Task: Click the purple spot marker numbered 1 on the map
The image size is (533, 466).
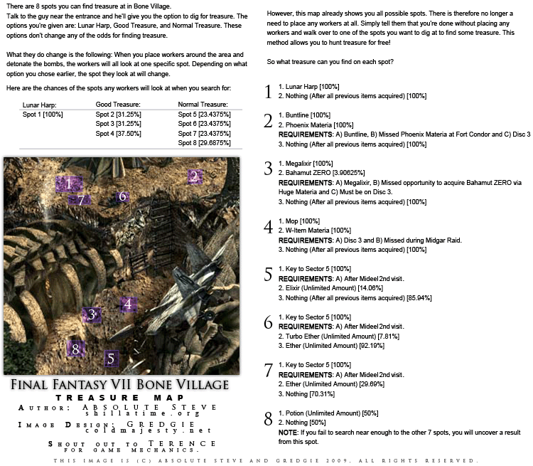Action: [68, 184]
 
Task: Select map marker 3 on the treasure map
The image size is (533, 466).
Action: [92, 314]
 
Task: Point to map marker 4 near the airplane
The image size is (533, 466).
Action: [128, 305]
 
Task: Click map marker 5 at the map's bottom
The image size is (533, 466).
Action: [110, 358]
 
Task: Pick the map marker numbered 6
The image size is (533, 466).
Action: [122, 196]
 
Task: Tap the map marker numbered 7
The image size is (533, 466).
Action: [81, 200]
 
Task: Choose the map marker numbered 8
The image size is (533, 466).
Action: [75, 349]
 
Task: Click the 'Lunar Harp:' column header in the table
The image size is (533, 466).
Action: [41, 105]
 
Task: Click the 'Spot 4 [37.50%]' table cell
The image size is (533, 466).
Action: [122, 133]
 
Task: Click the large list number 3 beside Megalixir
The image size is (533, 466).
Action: [268, 169]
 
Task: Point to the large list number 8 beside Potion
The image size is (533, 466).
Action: [268, 418]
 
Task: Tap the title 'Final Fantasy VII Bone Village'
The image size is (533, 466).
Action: [120, 385]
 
